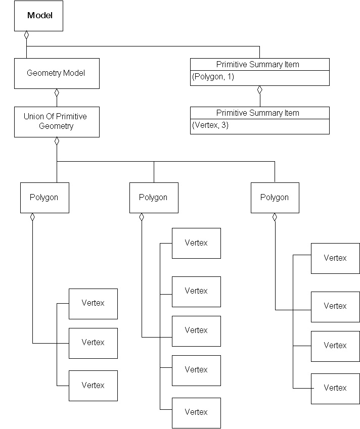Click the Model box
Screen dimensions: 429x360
pyautogui.click(x=39, y=16)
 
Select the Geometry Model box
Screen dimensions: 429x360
pyautogui.click(x=56, y=73)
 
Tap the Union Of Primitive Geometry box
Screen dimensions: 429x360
pyautogui.click(x=56, y=122)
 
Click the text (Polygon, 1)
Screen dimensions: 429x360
pyautogui.click(x=212, y=77)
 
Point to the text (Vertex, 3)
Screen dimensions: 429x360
pyautogui.click(x=210, y=125)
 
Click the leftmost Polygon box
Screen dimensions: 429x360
pyautogui.click(x=44, y=198)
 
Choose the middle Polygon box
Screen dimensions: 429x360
pyautogui.click(x=154, y=198)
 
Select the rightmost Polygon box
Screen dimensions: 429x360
pyautogui.click(x=275, y=198)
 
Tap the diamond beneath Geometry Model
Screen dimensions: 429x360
pyautogui.click(x=57, y=92)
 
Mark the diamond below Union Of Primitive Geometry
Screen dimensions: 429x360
pyautogui.click(x=57, y=141)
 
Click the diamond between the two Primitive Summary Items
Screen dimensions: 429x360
pyautogui.click(x=259, y=90)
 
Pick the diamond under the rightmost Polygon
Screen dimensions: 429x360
pyautogui.click(x=275, y=217)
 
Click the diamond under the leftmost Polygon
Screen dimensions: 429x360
pyautogui.click(x=32, y=217)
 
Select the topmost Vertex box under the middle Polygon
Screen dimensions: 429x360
pyautogui.click(x=196, y=243)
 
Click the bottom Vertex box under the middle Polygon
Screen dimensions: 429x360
pyautogui.click(x=196, y=412)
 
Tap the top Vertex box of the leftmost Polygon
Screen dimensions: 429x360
pyautogui.click(x=93, y=304)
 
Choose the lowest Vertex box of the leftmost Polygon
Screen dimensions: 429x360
pyautogui.click(x=93, y=386)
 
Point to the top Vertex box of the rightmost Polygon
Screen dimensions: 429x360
pyautogui.click(x=335, y=258)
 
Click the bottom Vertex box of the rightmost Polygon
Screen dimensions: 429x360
pyautogui.click(x=335, y=388)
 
